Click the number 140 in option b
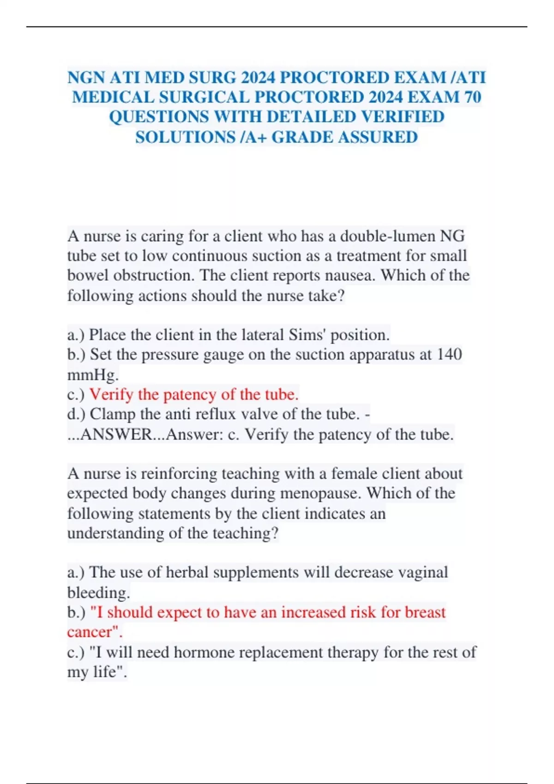tap(449, 354)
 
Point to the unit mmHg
tap(92, 374)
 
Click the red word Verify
tap(110, 394)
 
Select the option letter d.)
tap(76, 414)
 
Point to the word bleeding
tap(98, 592)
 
